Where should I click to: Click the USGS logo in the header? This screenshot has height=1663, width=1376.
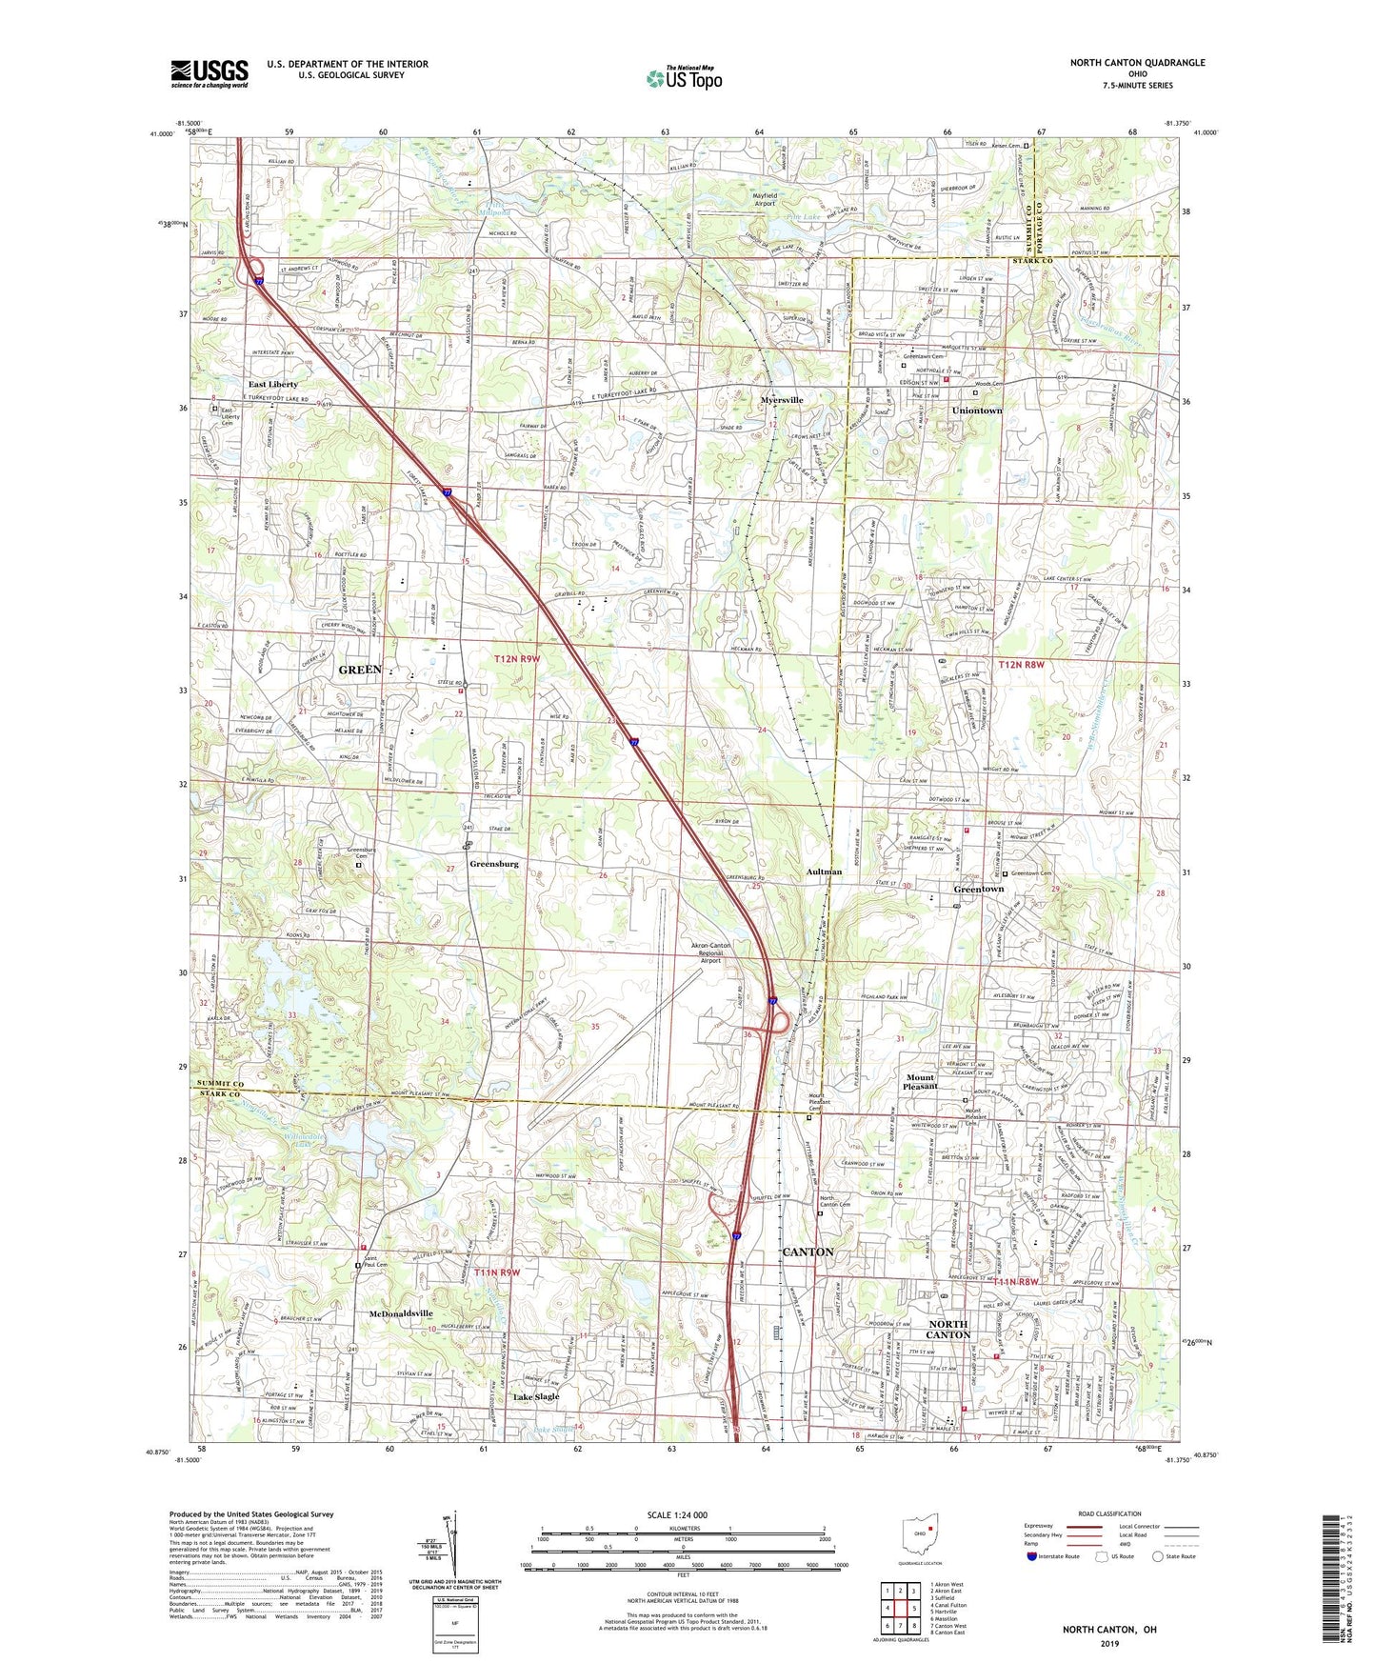tap(209, 73)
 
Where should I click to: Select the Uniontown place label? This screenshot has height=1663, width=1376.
tap(977, 411)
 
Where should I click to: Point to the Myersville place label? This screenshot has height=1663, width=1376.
tap(782, 400)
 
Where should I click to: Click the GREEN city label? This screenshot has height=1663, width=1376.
tap(360, 670)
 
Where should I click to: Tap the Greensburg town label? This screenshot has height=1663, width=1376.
tap(493, 864)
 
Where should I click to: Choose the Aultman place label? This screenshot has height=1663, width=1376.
tap(824, 872)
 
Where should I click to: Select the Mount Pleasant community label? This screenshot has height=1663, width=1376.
tap(920, 1082)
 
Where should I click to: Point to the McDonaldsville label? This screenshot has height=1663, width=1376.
tap(401, 1313)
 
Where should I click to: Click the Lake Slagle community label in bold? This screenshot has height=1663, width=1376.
tap(536, 1397)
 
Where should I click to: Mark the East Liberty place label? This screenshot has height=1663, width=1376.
tap(273, 385)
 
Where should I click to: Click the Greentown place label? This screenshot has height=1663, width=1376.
tap(978, 889)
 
